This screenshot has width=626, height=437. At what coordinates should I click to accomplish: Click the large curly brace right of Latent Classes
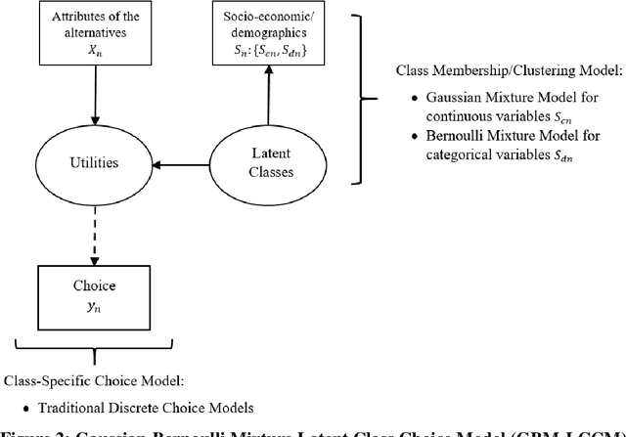pyautogui.click(x=357, y=98)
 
